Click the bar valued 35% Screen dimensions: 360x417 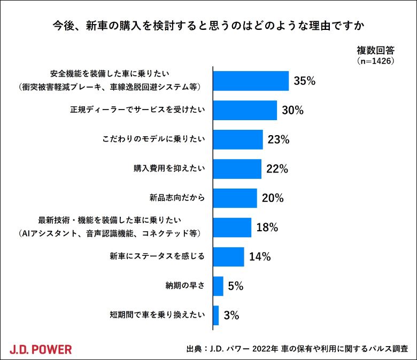coord(251,81)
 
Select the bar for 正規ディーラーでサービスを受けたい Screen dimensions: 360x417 coord(245,111)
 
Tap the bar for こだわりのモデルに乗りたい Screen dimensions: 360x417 coord(238,140)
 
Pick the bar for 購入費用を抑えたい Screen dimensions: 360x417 coord(237,169)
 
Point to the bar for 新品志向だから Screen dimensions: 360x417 coord(235,198)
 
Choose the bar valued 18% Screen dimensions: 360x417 coord(232,228)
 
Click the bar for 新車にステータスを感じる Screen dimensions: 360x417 coord(228,256)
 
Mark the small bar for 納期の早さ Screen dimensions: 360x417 coord(218,286)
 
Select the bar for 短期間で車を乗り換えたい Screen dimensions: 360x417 coord(216,315)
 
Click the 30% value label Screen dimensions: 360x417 coord(292,111)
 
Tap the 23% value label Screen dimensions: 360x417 coord(278,140)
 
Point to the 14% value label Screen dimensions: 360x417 coord(260,256)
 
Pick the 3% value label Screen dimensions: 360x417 coord(231,315)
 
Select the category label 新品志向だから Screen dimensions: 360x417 coord(177,198)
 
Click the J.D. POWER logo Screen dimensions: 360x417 coord(41,349)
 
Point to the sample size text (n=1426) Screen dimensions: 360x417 coord(375,61)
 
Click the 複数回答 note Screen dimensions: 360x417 coord(375,51)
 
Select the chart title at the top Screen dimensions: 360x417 coord(208,25)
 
